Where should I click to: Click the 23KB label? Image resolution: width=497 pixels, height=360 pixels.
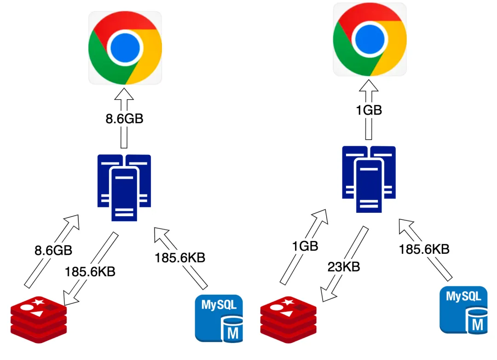coord(343,266)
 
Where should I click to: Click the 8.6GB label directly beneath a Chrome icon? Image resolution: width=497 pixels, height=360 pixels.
coord(124,119)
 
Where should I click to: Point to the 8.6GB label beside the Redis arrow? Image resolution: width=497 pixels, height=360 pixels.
coord(53,251)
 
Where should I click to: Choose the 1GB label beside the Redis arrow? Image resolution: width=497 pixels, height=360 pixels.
coord(305,246)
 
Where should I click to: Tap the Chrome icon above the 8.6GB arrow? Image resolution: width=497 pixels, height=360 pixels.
coord(125,47)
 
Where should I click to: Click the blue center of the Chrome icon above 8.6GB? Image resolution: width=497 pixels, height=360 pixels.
coord(125,47)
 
